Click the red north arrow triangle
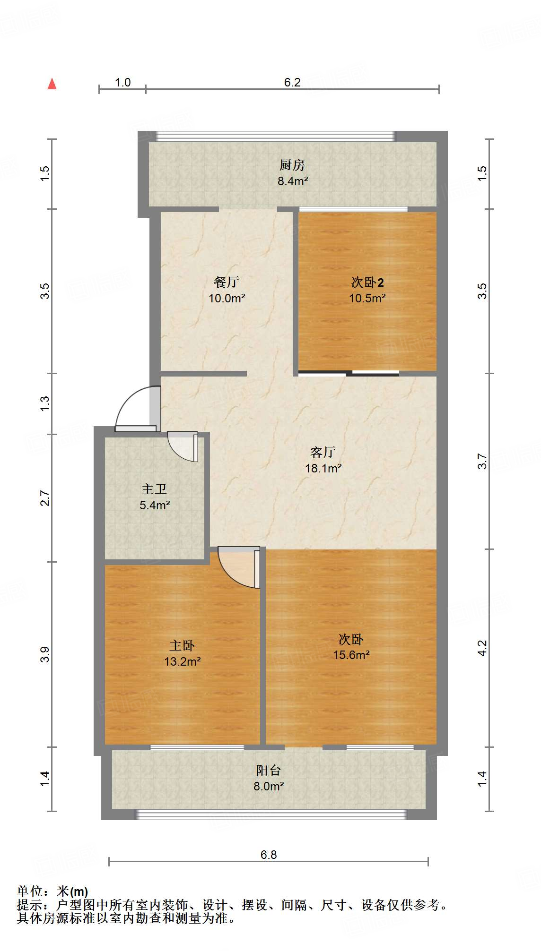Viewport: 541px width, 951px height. coord(52,84)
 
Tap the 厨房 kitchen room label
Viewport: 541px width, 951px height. coord(292,165)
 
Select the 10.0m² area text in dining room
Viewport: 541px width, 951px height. coord(227,299)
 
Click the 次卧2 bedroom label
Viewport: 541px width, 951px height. coord(367,283)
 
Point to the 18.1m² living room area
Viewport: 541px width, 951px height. coord(323,468)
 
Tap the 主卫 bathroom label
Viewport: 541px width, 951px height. coord(154,489)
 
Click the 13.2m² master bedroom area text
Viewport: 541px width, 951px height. coord(182,661)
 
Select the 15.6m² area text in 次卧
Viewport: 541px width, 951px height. coord(351,655)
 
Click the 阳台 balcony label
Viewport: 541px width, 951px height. coord(268,771)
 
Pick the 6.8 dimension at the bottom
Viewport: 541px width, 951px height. coord(268,855)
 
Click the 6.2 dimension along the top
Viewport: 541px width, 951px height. coord(292,82)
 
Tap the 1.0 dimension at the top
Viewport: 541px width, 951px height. coord(122,82)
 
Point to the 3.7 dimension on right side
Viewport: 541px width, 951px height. coord(482,461)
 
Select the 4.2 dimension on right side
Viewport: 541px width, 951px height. coord(482,648)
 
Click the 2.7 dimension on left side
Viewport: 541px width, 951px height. coord(44,498)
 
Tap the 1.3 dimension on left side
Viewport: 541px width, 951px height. coord(44,403)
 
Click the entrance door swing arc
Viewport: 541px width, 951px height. coord(132,407)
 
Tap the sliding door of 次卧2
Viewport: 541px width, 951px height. coord(349,374)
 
